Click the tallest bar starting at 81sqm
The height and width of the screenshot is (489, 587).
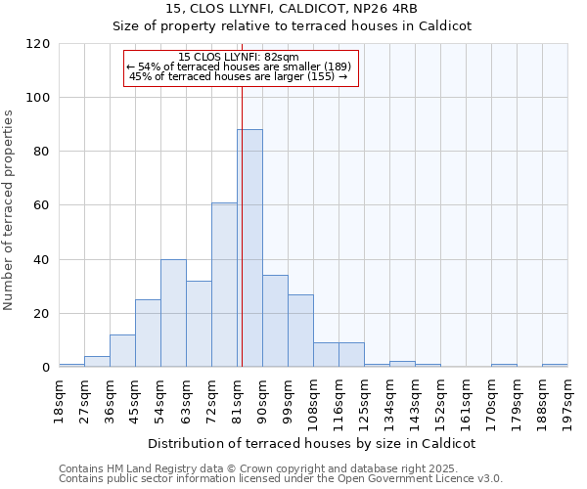tap(249, 248)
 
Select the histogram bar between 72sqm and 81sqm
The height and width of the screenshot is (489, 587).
tap(224, 285)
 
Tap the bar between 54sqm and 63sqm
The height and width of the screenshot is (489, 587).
tap(173, 313)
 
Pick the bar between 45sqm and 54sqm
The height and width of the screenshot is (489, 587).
tap(148, 333)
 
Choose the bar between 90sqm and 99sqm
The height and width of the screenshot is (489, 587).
tap(275, 321)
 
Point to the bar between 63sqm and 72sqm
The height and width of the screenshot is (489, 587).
tap(199, 324)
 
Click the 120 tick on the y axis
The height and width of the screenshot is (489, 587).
tap(38, 44)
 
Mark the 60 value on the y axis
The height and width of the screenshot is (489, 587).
tap(42, 205)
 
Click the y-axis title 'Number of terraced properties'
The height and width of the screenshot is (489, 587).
tap(10, 210)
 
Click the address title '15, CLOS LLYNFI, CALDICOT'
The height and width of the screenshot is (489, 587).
tap(293, 9)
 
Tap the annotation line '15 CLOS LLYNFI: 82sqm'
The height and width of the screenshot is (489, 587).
tap(239, 57)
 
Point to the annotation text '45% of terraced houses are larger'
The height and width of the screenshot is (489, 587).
tap(239, 76)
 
